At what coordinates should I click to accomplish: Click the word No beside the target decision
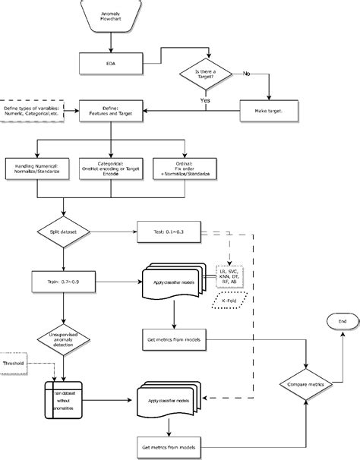pyautogui.click(x=245, y=73)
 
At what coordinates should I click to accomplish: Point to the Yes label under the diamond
pyautogui.click(x=205, y=99)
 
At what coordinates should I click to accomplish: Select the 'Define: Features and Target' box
pyautogui.click(x=112, y=112)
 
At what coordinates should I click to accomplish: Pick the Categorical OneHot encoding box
pyautogui.click(x=112, y=168)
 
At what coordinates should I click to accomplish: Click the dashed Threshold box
pyautogui.click(x=14, y=364)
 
